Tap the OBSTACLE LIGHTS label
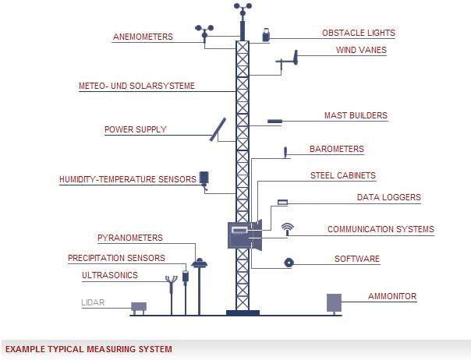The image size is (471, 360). tap(358, 34)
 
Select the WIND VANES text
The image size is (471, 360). tap(361, 51)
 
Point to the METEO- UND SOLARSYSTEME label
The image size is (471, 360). tap(136, 86)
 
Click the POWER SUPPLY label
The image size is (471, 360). tap(136, 130)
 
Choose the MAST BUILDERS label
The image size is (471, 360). tap(356, 115)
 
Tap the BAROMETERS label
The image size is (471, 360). tap(336, 149)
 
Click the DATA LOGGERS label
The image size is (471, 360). tap(388, 198)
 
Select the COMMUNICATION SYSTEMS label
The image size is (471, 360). tap(381, 230)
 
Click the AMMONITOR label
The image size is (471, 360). tap(392, 297)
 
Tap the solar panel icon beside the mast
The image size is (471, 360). tap(218, 129)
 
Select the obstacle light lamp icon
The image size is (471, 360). tap(267, 35)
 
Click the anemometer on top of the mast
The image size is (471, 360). tap(243, 9)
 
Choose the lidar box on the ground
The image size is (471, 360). tap(139, 306)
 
